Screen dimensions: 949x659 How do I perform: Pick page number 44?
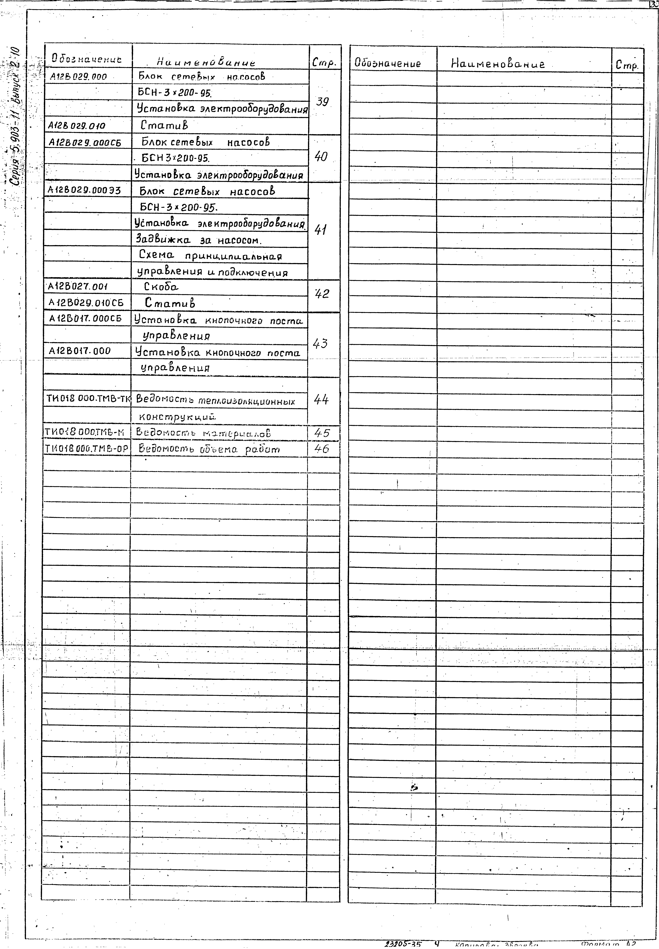pos(321,399)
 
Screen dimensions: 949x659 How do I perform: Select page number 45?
pos(322,433)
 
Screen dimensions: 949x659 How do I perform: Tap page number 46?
pos(322,449)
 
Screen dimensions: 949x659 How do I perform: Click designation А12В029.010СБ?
pos(86,303)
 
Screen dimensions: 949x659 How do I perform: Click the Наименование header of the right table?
pos(498,64)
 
